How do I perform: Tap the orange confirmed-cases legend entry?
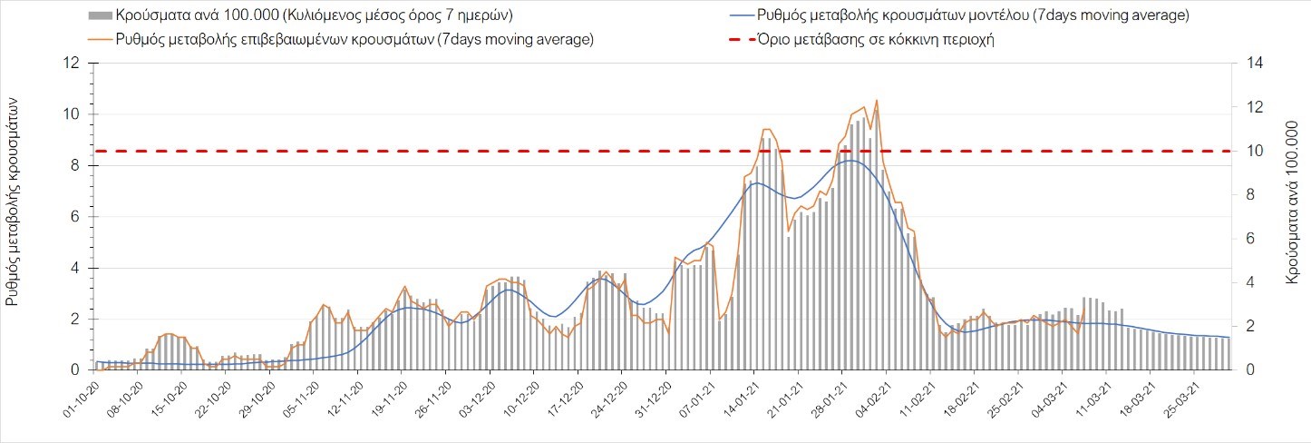[x=354, y=39]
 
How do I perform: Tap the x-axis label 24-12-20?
[x=607, y=397]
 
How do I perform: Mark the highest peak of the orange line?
[x=877, y=101]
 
